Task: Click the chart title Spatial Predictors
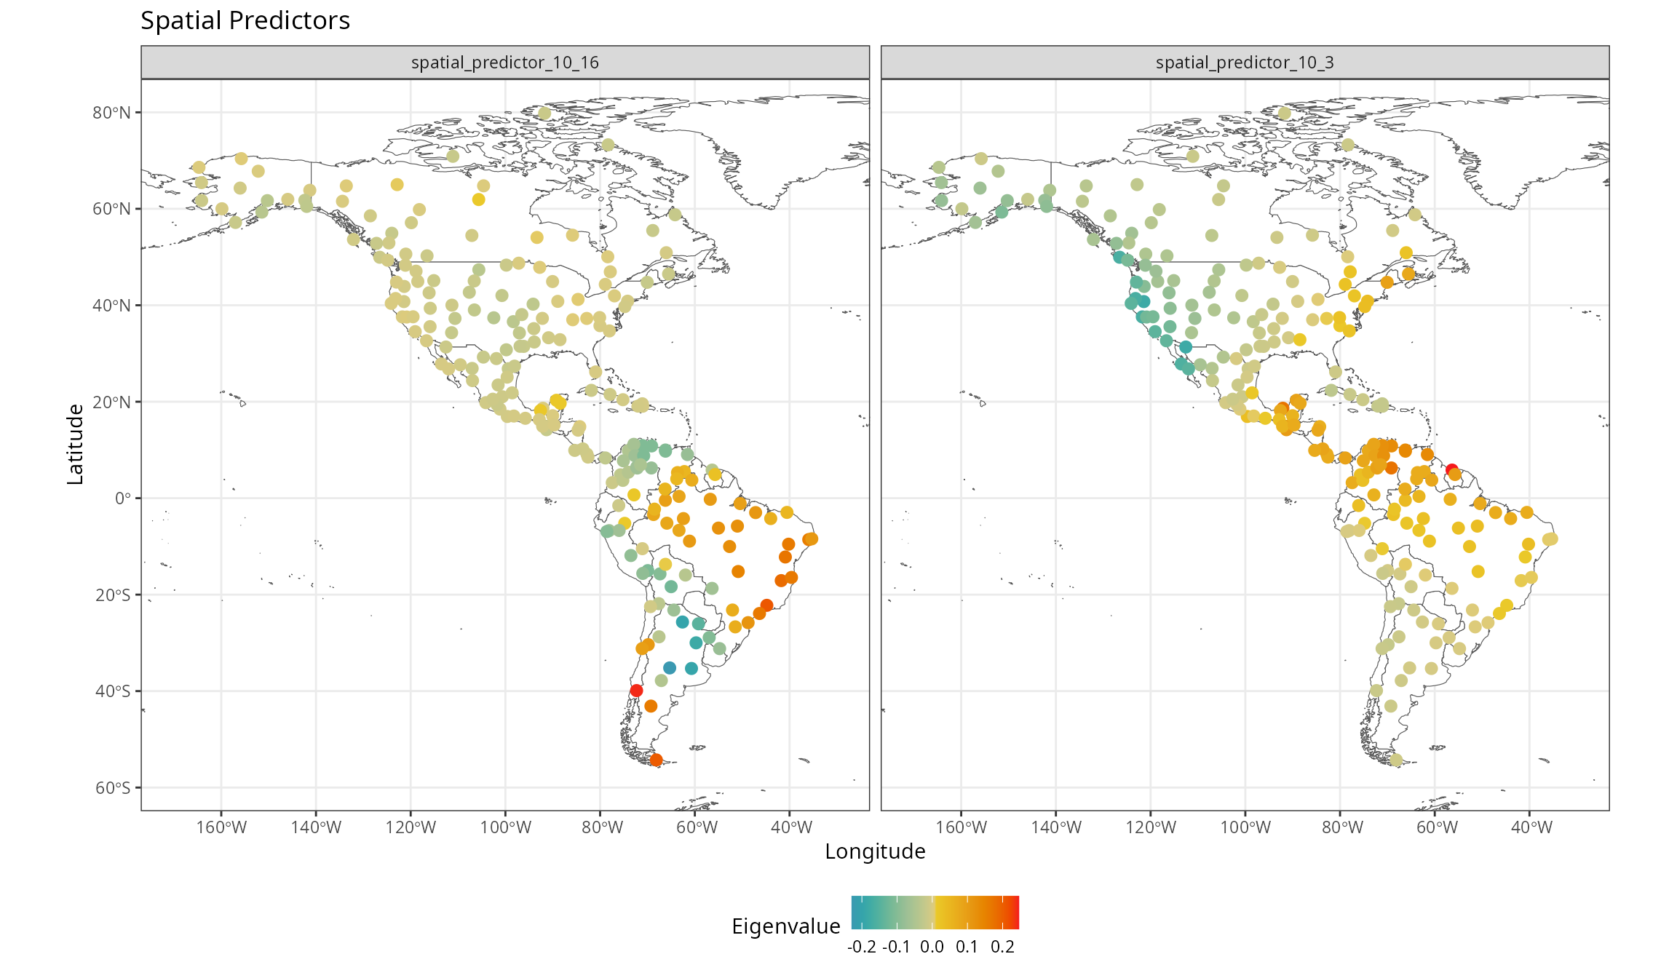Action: [x=245, y=20]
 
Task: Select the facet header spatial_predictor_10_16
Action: [x=505, y=63]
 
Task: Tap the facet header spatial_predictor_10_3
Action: [x=1245, y=63]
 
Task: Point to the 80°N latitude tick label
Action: [x=111, y=113]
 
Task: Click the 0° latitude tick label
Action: [x=123, y=498]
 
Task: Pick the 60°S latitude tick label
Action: [x=112, y=788]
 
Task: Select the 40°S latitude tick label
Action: [x=112, y=691]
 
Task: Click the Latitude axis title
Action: [x=76, y=445]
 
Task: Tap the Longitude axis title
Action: [x=875, y=851]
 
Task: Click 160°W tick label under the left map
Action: [x=221, y=827]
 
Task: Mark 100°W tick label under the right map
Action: [x=1245, y=827]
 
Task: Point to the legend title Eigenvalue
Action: [x=786, y=926]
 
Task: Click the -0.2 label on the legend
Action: [x=862, y=947]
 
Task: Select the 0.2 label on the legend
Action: [x=1002, y=947]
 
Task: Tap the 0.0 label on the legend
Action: [x=932, y=947]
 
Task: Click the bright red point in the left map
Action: [x=636, y=691]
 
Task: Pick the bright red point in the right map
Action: [x=1451, y=470]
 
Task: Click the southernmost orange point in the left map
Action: [x=656, y=760]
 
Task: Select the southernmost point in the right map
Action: [x=1395, y=760]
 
